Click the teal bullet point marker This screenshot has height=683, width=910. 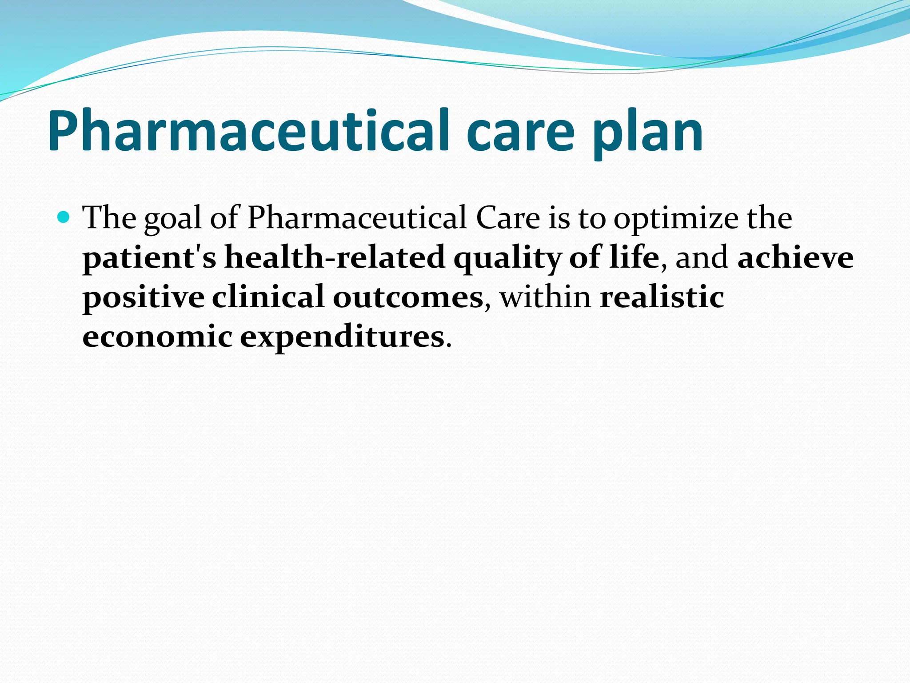point(64,217)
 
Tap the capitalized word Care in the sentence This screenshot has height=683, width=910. point(507,218)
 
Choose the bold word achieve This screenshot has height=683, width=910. point(795,257)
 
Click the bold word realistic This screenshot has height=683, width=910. point(662,297)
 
